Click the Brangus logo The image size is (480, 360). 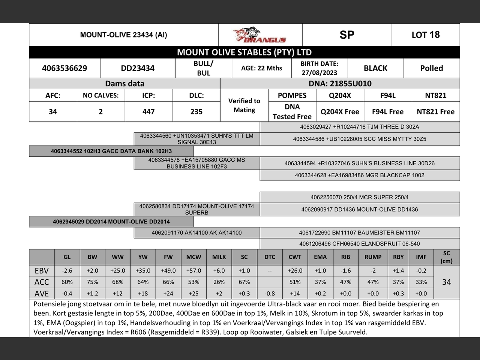point(259,35)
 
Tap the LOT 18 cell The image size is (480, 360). point(426,35)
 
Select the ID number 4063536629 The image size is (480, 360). point(64,68)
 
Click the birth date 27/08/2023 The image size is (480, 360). point(319,73)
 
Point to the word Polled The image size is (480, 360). point(431,68)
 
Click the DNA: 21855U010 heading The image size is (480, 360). point(340,84)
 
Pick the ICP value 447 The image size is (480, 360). point(148,112)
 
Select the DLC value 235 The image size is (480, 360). point(196,112)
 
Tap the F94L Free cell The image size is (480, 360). point(388,112)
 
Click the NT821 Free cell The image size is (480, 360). point(435,112)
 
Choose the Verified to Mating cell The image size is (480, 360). point(244,105)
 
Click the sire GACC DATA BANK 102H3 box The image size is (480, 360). point(111,151)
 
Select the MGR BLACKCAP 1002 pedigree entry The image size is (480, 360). point(359,175)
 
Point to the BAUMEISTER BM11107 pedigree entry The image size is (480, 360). point(359,232)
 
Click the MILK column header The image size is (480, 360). point(219,257)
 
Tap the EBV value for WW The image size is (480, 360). point(117,271)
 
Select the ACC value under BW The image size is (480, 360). point(92,282)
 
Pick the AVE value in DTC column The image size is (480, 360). point(270,294)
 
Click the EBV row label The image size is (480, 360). point(42,271)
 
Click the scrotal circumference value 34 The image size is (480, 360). point(446,282)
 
